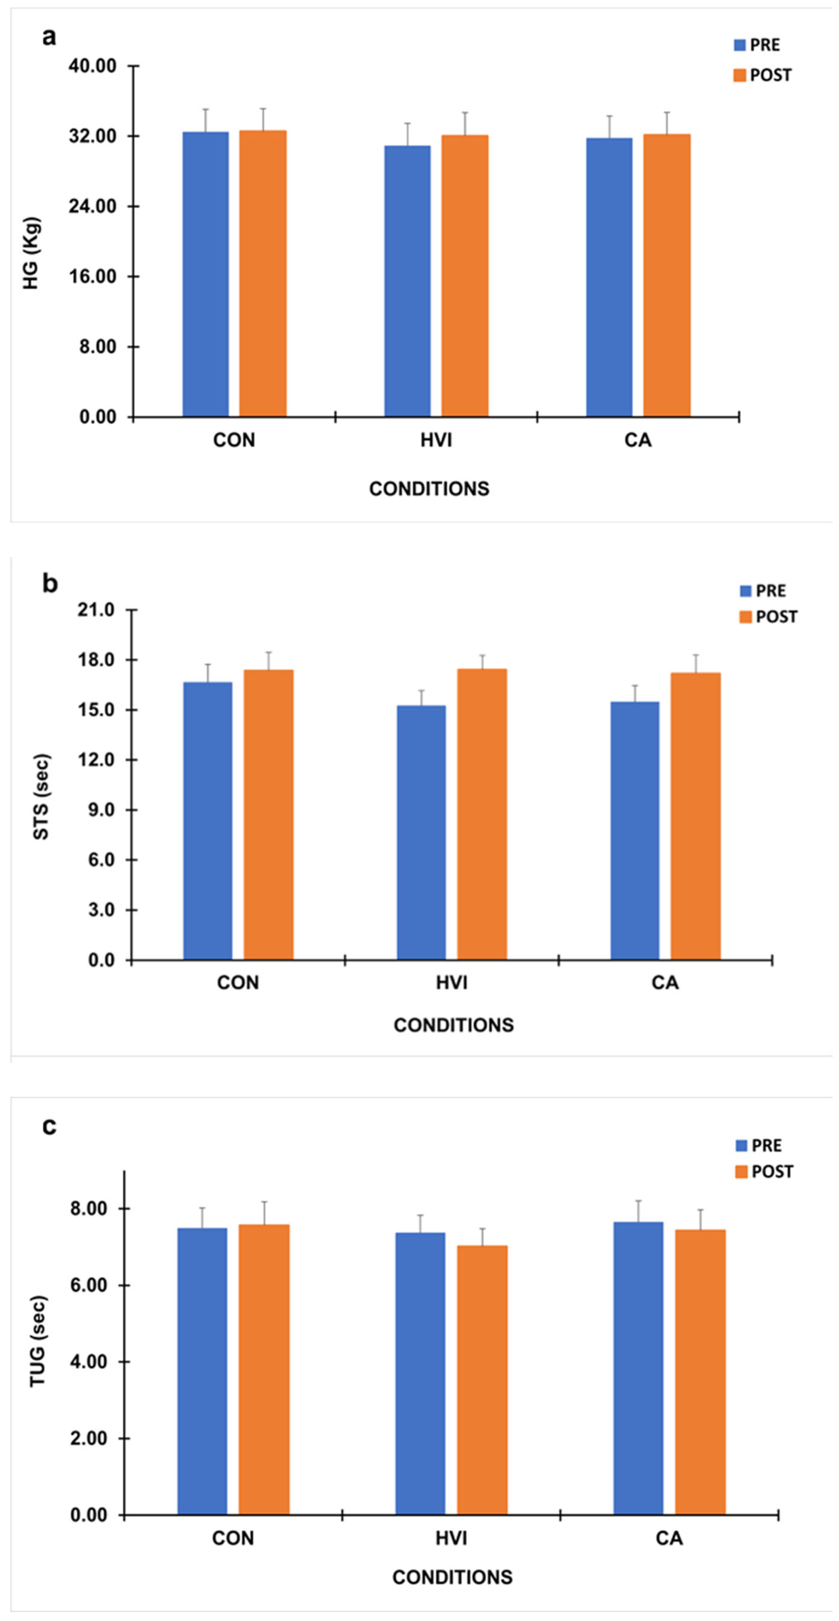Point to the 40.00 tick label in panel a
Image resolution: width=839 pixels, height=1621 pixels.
(92, 66)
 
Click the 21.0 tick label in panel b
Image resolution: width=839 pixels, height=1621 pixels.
(96, 610)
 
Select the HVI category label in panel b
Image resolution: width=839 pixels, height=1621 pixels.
(451, 982)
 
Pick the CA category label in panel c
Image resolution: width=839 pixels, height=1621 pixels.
(669, 1538)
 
